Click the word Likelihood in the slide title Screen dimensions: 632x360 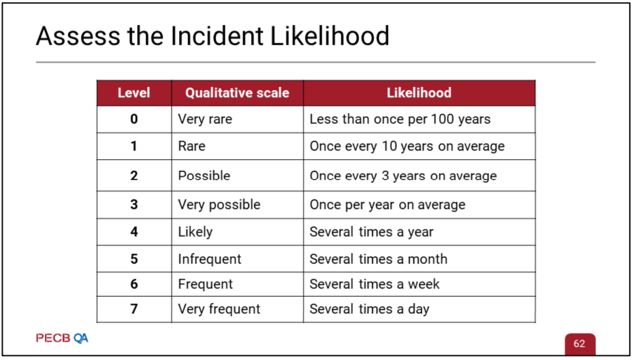point(330,36)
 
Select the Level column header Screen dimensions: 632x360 point(133,93)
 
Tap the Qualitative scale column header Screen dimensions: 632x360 point(237,93)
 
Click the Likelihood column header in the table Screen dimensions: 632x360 point(420,93)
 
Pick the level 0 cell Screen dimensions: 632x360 point(134,119)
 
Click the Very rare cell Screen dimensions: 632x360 point(238,119)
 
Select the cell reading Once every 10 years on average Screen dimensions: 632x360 point(420,146)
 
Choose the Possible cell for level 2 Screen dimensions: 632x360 point(238,176)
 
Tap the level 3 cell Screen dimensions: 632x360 point(134,205)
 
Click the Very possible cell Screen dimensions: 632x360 point(238,205)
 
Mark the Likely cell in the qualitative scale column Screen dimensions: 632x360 point(238,232)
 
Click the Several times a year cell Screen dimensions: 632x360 point(420,232)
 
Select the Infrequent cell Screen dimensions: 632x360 point(238,259)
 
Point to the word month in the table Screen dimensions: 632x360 point(428,259)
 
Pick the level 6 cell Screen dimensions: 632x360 point(134,284)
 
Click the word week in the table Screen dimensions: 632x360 point(424,284)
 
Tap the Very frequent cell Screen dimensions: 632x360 point(238,309)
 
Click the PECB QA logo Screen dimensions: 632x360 point(62,338)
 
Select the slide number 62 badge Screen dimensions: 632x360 point(579,344)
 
